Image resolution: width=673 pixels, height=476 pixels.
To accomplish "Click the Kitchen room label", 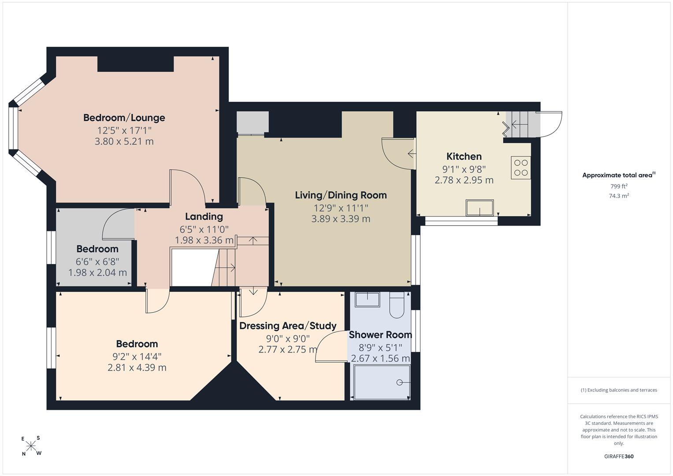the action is tap(464, 156).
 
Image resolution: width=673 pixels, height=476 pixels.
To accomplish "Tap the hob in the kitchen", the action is tap(521, 167).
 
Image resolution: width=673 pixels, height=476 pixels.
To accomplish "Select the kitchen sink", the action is tap(480, 208).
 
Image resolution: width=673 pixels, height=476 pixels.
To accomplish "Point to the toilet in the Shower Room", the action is tap(397, 305).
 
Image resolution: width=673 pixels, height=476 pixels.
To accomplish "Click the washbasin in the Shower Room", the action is tap(368, 299).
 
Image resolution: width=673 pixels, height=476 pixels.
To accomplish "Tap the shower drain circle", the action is tap(399, 382).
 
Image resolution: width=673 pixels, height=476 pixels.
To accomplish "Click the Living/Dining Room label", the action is tap(341, 195).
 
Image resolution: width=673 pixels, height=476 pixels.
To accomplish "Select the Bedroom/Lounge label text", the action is tap(124, 118).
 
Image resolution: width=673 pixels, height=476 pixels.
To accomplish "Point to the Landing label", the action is tap(204, 216).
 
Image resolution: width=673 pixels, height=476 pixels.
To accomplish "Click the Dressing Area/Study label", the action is tap(288, 326).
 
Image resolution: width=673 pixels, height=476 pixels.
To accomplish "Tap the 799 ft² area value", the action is tap(619, 186).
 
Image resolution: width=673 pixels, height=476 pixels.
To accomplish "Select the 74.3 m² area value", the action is tap(619, 196).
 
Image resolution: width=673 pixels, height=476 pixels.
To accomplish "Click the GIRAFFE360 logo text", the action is tap(619, 456).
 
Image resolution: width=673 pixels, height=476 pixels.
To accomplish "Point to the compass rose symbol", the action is tap(31, 446).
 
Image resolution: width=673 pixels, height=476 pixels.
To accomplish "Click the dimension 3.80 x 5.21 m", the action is tap(124, 141).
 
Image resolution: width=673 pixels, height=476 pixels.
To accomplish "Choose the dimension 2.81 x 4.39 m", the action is tap(137, 367).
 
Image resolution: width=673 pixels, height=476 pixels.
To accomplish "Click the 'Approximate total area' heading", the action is tap(617, 175).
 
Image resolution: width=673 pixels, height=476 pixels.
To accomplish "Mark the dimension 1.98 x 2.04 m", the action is tap(97, 272).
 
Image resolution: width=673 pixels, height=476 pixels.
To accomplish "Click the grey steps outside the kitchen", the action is tap(523, 124).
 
